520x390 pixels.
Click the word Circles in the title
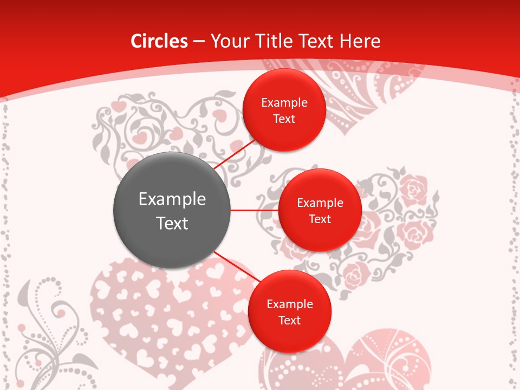pyautogui.click(x=159, y=41)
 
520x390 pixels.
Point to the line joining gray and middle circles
pyautogui.click(x=254, y=210)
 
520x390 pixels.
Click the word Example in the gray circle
pyautogui.click(x=172, y=199)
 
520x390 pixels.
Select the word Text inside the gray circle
pyautogui.click(x=172, y=223)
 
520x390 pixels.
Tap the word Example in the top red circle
pyautogui.click(x=284, y=103)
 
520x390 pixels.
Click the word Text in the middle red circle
pyautogui.click(x=320, y=219)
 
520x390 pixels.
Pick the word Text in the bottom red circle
pyautogui.click(x=289, y=321)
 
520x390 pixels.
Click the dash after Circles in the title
pyautogui.click(x=199, y=41)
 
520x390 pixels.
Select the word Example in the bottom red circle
pyautogui.click(x=289, y=304)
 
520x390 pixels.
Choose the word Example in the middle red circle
pyautogui.click(x=320, y=203)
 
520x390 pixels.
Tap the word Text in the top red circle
pyautogui.click(x=284, y=119)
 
